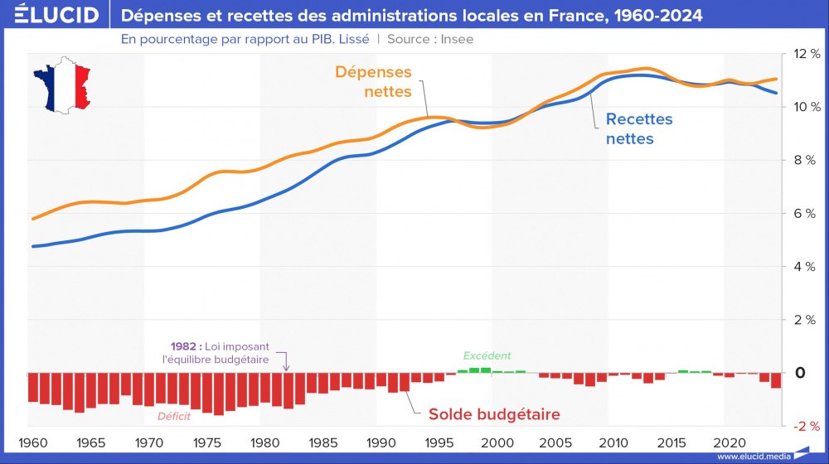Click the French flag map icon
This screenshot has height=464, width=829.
point(61,85)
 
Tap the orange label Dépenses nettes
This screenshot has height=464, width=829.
point(373,82)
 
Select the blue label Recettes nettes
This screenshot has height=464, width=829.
point(638,129)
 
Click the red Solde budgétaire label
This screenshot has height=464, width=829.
point(494,414)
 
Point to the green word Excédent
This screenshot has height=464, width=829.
point(487,355)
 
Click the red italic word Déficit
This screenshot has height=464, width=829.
point(174,417)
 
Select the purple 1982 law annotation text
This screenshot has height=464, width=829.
point(222,353)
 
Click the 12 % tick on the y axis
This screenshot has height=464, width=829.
point(806,53)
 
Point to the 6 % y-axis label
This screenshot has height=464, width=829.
point(806,213)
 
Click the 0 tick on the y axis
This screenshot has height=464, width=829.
point(800,373)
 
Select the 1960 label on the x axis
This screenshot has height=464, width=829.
point(33,442)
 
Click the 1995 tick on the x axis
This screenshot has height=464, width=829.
point(439,442)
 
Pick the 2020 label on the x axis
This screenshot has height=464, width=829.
point(729,442)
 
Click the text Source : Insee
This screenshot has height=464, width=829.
point(430,39)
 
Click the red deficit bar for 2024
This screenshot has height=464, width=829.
point(776,381)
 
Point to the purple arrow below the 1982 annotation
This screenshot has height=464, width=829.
point(287,362)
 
